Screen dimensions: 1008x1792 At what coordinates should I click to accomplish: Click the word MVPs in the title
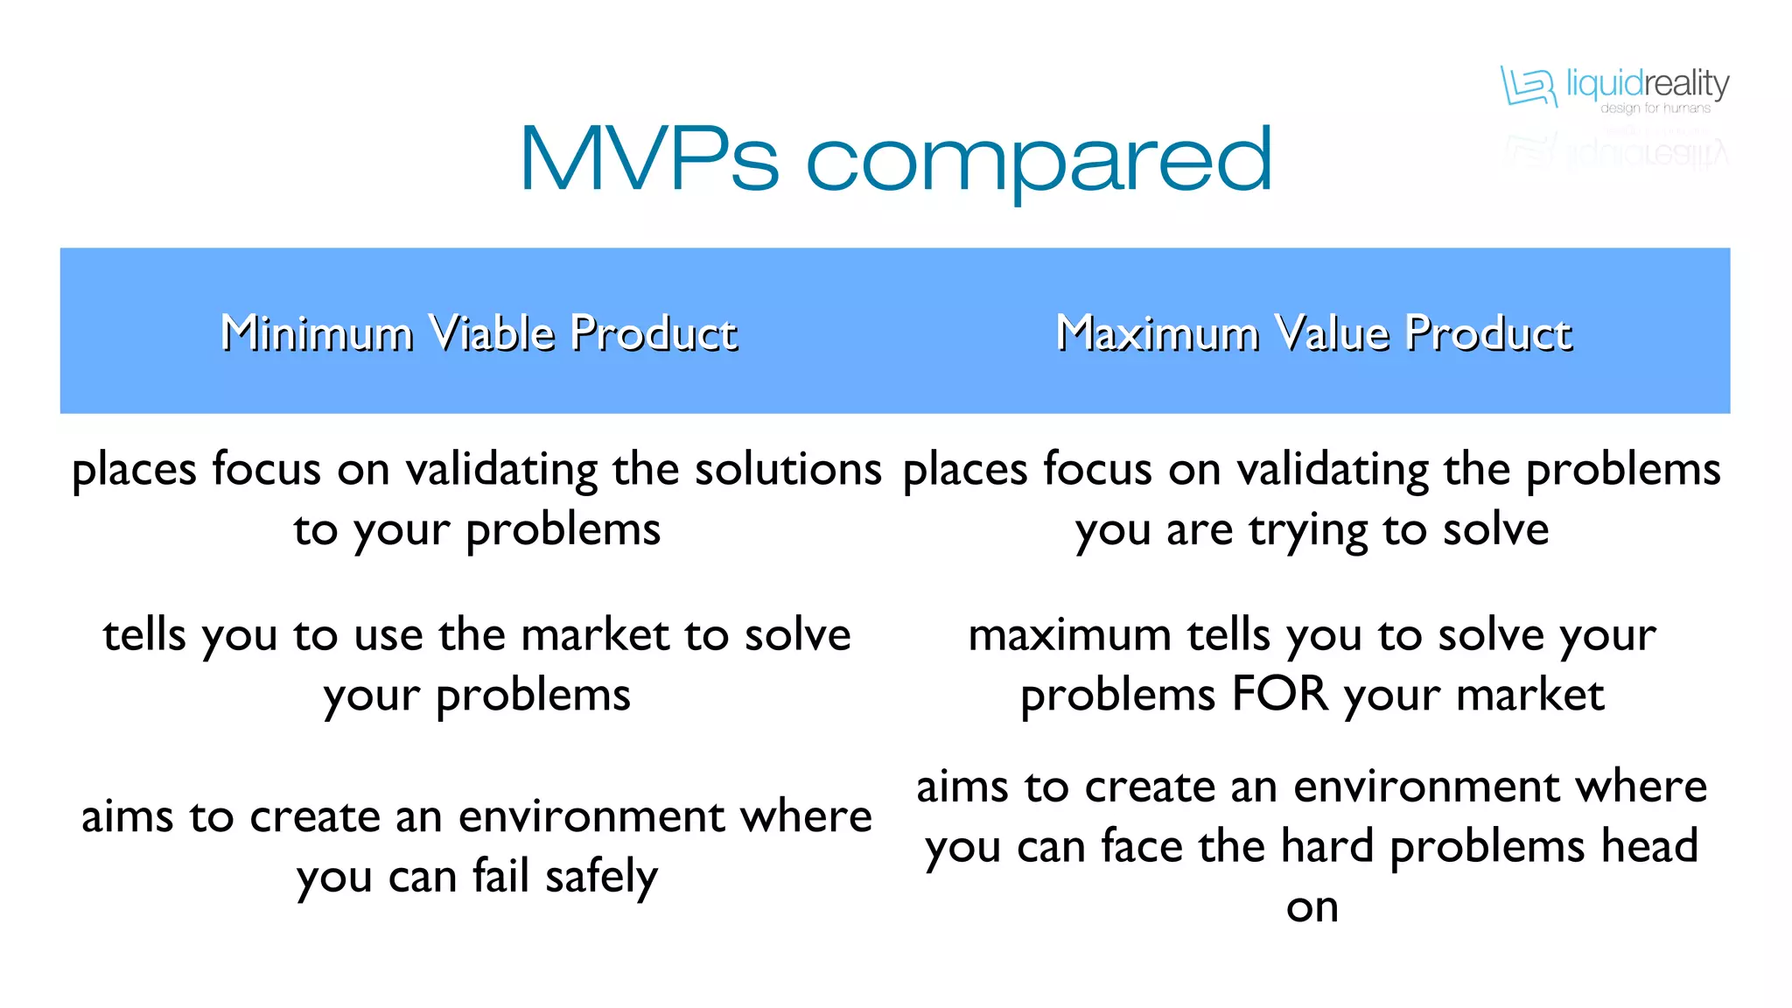(x=648, y=159)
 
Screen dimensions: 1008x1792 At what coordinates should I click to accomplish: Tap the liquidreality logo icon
(x=1529, y=86)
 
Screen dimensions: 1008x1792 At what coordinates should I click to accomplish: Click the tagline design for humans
(x=1655, y=108)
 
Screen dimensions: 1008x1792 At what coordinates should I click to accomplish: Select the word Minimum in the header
(x=316, y=333)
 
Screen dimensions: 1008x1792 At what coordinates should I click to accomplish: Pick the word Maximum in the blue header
(x=1156, y=333)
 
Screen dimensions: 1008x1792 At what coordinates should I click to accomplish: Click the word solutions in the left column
(x=787, y=469)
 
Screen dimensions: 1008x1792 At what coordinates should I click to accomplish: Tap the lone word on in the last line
(x=1312, y=908)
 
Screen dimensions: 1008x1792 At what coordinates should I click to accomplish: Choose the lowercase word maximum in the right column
(x=1069, y=635)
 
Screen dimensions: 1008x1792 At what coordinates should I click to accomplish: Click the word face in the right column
(x=1141, y=846)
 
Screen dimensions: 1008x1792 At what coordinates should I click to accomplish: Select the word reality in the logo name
(x=1688, y=84)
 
